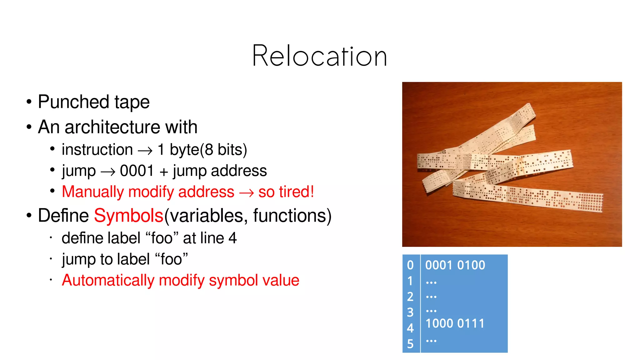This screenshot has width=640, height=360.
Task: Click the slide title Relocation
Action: click(x=319, y=56)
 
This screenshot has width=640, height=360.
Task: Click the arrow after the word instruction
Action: click(x=145, y=151)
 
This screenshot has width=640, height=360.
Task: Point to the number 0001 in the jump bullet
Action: click(x=137, y=171)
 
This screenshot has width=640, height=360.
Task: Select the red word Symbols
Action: click(x=128, y=216)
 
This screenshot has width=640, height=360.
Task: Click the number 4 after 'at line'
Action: click(x=232, y=238)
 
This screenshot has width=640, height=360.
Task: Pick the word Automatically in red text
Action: click(x=108, y=280)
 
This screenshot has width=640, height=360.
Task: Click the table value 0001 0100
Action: click(x=455, y=265)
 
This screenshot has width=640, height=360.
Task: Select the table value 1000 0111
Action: click(x=455, y=323)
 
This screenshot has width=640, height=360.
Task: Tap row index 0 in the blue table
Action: click(x=410, y=265)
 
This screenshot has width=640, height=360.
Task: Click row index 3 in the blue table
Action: click(x=410, y=312)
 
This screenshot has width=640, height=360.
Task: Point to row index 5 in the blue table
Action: click(x=410, y=344)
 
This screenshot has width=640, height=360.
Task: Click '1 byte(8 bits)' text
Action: click(x=202, y=150)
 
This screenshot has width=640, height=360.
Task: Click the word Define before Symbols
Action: click(x=63, y=216)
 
